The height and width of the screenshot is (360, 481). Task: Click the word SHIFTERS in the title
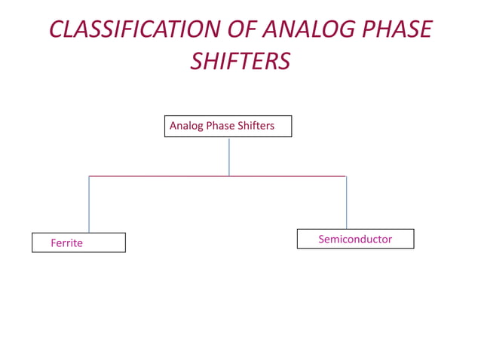coord(240,61)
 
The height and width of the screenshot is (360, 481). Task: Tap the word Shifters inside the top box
coord(256,126)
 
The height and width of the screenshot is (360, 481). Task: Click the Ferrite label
coord(66,243)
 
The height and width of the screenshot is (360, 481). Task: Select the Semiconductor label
coord(355,239)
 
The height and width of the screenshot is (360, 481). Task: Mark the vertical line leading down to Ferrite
coord(89,204)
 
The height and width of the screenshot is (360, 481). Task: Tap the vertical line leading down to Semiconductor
coord(346,203)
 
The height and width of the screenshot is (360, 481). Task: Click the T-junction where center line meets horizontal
coord(229,176)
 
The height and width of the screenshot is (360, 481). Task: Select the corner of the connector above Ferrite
coord(89,176)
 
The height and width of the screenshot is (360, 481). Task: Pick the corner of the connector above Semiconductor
coord(346,176)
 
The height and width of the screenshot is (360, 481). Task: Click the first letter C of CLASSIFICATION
coord(57,29)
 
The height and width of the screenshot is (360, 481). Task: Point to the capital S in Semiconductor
coord(322,239)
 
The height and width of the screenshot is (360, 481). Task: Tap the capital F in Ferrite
coord(54,243)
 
